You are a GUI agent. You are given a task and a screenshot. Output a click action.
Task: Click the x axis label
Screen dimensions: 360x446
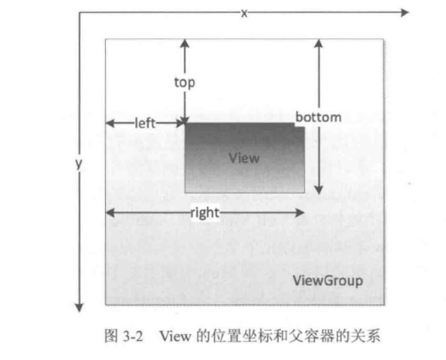coord(244,13)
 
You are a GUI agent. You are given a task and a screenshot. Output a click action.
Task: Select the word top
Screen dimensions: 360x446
coord(185,83)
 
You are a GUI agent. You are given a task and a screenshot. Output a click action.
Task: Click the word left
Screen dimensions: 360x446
coord(145,122)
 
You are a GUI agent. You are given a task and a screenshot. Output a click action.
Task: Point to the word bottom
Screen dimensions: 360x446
coord(318,117)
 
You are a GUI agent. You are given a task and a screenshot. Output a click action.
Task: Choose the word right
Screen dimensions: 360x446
coord(204,212)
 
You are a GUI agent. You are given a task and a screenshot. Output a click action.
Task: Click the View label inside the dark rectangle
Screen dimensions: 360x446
coord(244,157)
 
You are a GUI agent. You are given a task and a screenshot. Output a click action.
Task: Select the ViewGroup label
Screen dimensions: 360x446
coord(328,281)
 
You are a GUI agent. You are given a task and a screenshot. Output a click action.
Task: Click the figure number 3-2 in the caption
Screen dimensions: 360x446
coord(134,336)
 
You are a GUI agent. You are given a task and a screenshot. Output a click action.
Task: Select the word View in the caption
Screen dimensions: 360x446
coord(174,336)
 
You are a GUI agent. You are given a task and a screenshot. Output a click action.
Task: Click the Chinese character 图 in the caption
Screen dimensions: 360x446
coord(111,336)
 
